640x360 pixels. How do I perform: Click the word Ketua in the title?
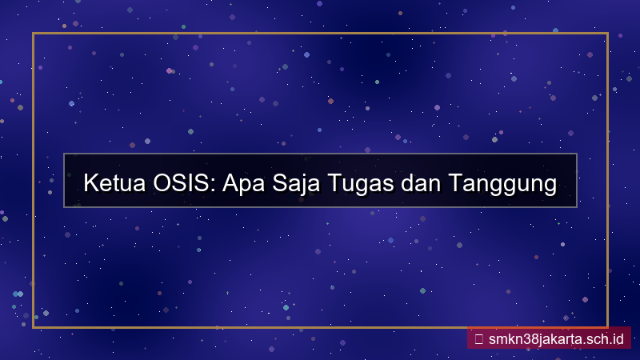pos(114,183)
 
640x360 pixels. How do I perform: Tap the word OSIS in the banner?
pos(183,183)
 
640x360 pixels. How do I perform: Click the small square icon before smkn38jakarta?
pos(478,338)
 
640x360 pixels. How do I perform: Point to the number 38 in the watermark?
pos(527,338)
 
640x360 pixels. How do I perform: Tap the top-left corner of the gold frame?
pos(33,34)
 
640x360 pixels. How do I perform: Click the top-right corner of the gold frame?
pos(608,34)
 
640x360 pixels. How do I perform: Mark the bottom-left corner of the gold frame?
pos(33,326)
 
